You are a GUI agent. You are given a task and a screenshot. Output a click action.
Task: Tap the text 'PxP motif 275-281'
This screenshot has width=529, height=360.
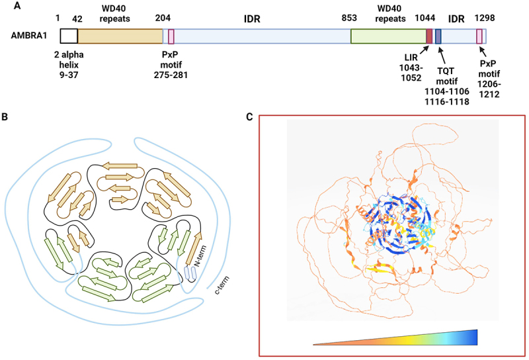171,70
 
